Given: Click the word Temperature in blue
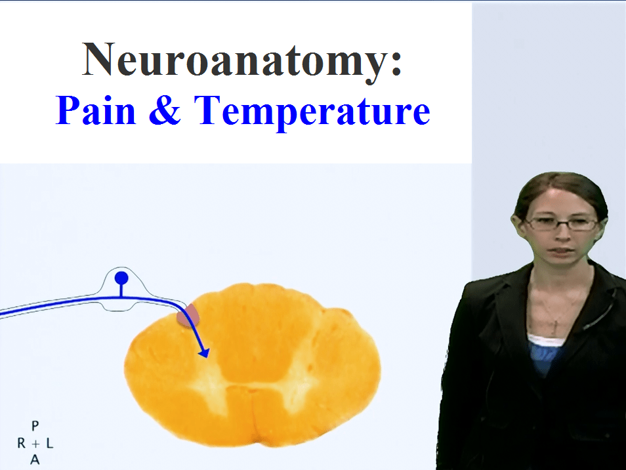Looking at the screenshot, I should click(312, 112).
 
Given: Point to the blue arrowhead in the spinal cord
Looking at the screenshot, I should click(205, 353).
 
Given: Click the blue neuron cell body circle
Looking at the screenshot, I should click(121, 278).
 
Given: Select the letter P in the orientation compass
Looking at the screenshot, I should click(35, 425).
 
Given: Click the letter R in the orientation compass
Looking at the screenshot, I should click(21, 443).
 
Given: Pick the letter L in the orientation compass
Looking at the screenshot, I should click(50, 443).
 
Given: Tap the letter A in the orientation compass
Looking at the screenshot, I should click(35, 460).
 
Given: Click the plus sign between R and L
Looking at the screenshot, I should click(35, 443).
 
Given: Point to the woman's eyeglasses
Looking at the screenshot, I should click(562, 224).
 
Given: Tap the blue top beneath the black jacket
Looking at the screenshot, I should click(547, 358).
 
